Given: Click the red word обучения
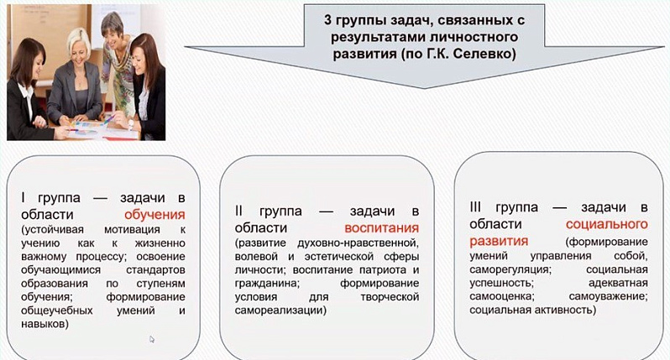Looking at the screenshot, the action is click(154, 215).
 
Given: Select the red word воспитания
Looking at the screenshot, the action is click(381, 228).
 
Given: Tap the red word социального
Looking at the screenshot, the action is click(607, 224).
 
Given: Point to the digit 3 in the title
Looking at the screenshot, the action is click(327, 20).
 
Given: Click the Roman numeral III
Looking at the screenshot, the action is click(474, 207).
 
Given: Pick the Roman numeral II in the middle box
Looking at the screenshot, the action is click(238, 211).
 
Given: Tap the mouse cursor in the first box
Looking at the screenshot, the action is click(152, 339).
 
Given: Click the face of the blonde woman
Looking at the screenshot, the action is click(79, 49).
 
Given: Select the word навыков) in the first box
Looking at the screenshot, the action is click(44, 324).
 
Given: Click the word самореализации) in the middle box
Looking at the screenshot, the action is click(280, 310).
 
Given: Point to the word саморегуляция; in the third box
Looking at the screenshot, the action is click(510, 269).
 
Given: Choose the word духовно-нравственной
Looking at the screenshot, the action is click(357, 243).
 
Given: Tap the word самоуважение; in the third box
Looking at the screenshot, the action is click(608, 296).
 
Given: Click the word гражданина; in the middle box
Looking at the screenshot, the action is click(267, 283).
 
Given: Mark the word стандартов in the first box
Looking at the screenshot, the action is click(155, 270).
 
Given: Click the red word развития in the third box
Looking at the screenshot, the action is click(499, 242).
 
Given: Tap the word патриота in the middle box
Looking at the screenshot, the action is click(382, 270).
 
